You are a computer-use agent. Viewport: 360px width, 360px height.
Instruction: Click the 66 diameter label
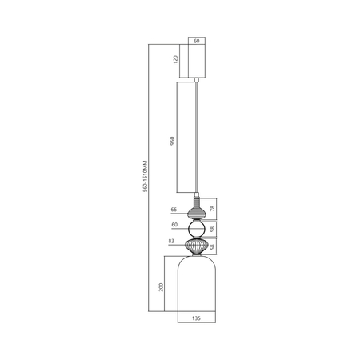pyautogui.click(x=174, y=210)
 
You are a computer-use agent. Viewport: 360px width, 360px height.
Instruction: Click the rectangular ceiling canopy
pyautogui.click(x=198, y=60)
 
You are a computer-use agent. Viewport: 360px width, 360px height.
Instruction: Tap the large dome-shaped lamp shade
pyautogui.click(x=197, y=288)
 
